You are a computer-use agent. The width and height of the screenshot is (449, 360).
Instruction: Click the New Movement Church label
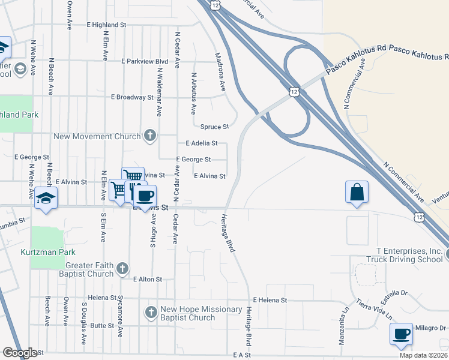point(97,136)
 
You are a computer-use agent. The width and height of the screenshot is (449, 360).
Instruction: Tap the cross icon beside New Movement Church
point(149,136)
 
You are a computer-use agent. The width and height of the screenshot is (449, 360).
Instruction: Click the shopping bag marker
point(357,193)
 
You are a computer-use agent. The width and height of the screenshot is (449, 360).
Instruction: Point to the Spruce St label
point(214,127)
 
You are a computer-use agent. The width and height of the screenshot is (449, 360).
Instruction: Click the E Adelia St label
point(201,143)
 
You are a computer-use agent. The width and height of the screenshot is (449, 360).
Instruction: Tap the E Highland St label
point(106,25)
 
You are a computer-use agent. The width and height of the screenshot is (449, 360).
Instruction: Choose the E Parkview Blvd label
point(144,61)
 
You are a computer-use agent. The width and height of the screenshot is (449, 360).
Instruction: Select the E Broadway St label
point(132,97)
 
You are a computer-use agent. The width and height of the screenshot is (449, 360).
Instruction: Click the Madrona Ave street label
point(220,72)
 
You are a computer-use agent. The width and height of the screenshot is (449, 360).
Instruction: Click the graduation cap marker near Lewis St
point(46,198)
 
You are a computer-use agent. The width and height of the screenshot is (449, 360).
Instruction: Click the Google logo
point(20,353)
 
